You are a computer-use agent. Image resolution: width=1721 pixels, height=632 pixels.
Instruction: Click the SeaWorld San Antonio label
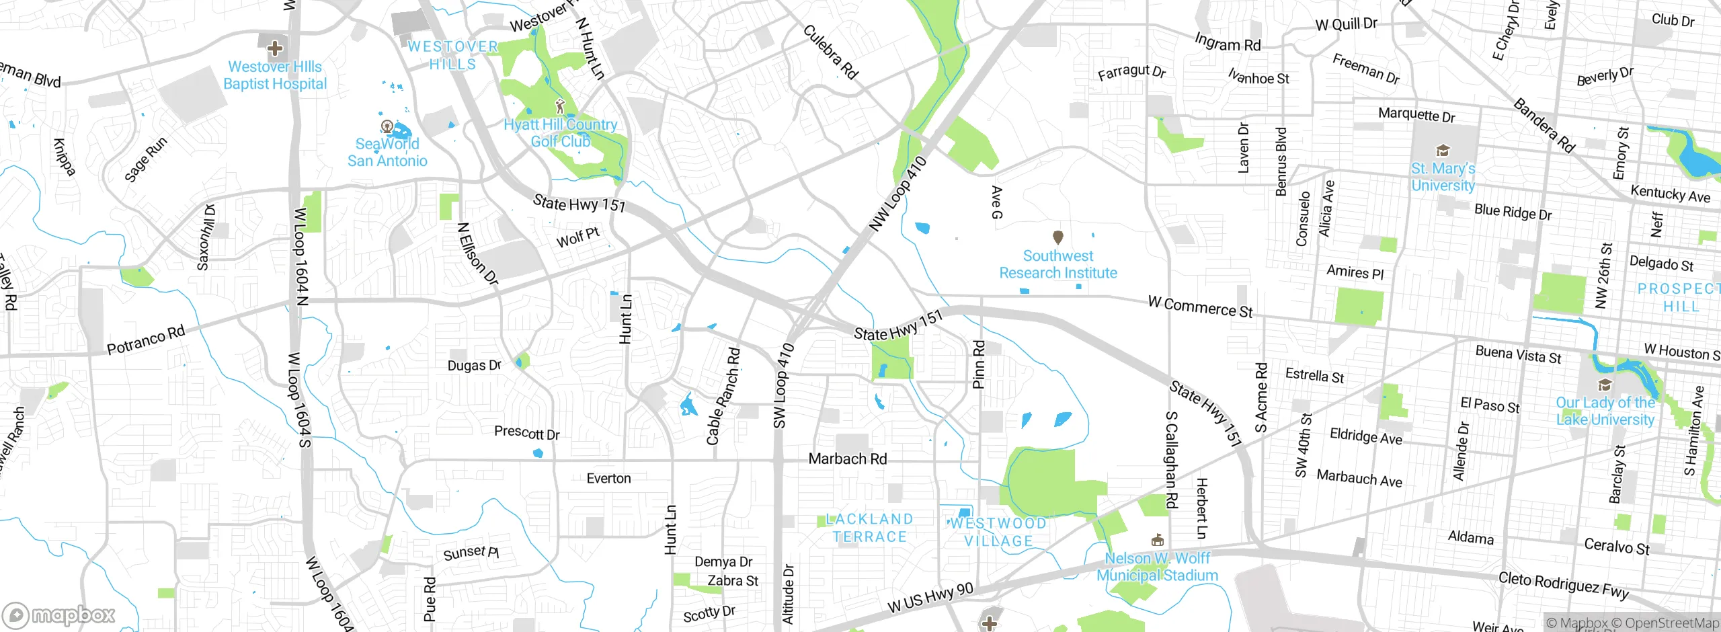point(387,153)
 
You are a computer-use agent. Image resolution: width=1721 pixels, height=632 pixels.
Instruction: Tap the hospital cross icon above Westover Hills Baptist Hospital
point(274,48)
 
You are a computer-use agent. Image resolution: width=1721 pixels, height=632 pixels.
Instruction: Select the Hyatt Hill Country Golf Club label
point(560,133)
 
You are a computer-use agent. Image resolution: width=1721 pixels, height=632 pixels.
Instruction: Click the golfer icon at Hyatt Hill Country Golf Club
point(560,106)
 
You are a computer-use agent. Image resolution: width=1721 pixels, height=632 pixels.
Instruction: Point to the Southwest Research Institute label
point(1057,264)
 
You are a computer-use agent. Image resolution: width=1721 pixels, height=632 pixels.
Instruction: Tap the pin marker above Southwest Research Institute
point(1057,237)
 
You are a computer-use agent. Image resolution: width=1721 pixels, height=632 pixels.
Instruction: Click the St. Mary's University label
point(1443,177)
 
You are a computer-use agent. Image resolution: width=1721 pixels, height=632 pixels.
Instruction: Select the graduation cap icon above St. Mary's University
point(1442,150)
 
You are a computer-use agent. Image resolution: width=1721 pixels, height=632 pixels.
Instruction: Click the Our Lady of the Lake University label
point(1605,411)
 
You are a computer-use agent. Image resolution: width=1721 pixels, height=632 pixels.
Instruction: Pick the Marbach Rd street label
point(847,459)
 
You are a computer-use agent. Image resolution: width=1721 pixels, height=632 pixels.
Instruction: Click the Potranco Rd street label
point(146,340)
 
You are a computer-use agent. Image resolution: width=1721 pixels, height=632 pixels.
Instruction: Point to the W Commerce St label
point(1200,307)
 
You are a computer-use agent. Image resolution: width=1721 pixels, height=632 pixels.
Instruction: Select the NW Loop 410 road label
point(897,194)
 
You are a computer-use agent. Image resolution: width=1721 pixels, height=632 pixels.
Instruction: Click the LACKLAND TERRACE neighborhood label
point(869,528)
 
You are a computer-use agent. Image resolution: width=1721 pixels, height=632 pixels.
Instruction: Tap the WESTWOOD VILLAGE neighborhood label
point(998,532)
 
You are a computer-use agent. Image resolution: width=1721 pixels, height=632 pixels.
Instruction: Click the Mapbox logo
point(59,615)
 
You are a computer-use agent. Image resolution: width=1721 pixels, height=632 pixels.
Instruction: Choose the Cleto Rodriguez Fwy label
point(1563,585)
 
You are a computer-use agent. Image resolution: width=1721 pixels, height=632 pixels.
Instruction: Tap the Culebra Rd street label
point(830,52)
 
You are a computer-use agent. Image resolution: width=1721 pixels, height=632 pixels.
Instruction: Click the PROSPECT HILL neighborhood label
point(1679,297)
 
